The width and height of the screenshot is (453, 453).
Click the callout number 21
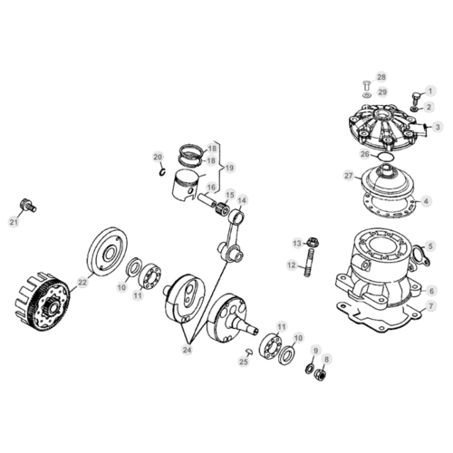point(14,222)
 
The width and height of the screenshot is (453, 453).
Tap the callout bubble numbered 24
point(187,350)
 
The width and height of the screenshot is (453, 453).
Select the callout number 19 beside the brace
point(229,168)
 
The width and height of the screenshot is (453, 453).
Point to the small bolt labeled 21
point(28,205)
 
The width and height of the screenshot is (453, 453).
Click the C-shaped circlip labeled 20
point(162,172)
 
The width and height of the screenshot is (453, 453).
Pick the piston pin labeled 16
point(207,200)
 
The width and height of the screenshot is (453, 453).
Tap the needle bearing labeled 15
point(222,208)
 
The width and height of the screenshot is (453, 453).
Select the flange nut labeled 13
point(312,242)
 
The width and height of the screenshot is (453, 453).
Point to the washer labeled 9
point(309,369)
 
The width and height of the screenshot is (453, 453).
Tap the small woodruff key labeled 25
point(249,352)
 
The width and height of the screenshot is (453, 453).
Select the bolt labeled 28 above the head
point(367,85)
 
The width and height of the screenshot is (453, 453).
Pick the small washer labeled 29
point(367,96)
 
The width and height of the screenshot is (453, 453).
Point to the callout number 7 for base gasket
point(431,305)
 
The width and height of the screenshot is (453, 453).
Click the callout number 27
point(349,175)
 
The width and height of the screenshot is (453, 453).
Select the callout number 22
point(82,282)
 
